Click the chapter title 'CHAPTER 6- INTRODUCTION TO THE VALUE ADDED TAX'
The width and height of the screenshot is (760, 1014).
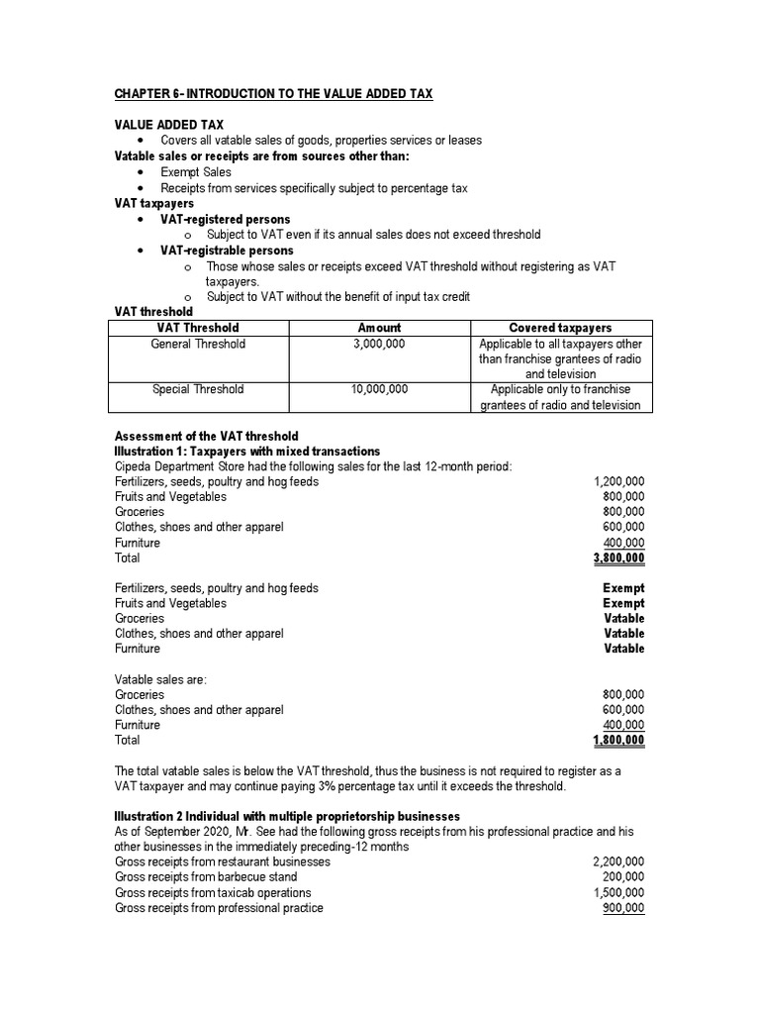pos(273,93)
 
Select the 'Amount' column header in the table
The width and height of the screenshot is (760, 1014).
pos(379,328)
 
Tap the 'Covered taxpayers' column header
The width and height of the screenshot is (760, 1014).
pos(560,328)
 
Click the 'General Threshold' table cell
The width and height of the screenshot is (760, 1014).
pos(198,344)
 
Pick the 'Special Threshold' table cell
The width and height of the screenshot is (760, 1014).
pos(198,389)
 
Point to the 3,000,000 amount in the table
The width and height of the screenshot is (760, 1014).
pos(379,344)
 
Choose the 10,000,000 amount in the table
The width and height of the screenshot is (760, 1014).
pos(379,389)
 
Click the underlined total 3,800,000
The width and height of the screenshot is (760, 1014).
pos(618,558)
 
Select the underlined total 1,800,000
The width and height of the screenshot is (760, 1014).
pos(618,740)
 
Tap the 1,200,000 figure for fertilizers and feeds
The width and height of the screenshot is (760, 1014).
pos(618,481)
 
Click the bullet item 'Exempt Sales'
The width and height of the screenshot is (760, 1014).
pos(196,172)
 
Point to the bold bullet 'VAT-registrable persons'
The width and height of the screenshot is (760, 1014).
pos(227,251)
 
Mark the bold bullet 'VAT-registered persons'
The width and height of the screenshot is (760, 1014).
pos(226,219)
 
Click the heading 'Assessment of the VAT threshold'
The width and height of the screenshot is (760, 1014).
pos(207,436)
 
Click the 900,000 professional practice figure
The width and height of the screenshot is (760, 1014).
pos(623,908)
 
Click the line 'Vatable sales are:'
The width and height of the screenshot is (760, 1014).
pos(161,679)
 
